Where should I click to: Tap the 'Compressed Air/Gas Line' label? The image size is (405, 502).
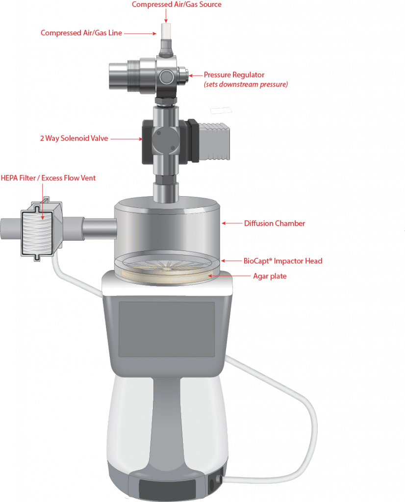(81, 33)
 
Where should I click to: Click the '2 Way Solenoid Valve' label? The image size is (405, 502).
(74, 139)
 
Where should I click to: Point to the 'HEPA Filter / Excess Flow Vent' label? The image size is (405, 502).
(49, 178)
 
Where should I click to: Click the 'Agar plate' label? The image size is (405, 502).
(270, 276)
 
